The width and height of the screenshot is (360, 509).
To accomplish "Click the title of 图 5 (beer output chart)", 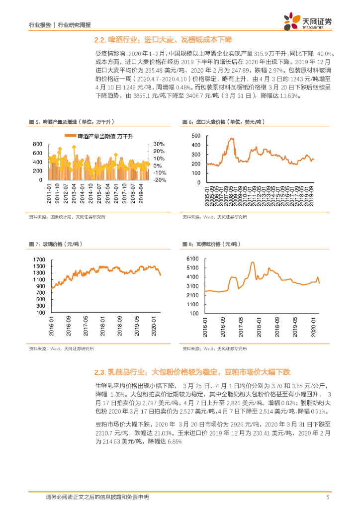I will coord(72,122).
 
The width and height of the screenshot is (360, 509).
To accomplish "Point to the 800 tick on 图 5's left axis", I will coord(37,144).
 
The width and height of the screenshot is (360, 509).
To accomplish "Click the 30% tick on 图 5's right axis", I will coord(159,144).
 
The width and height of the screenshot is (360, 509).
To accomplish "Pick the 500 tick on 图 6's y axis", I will coord(195,136).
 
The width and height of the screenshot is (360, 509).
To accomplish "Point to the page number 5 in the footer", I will coord(327,497).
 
